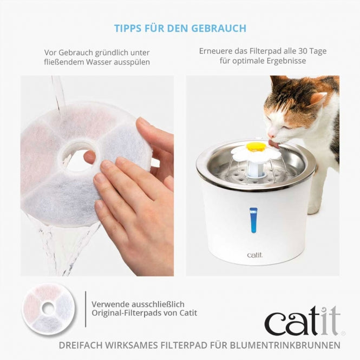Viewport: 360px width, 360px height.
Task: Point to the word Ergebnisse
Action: point(286,61)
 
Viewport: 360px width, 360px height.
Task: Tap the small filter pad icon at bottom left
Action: point(48,309)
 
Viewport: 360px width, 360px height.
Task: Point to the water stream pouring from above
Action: point(58,92)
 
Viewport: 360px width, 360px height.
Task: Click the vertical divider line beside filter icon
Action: point(86,309)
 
